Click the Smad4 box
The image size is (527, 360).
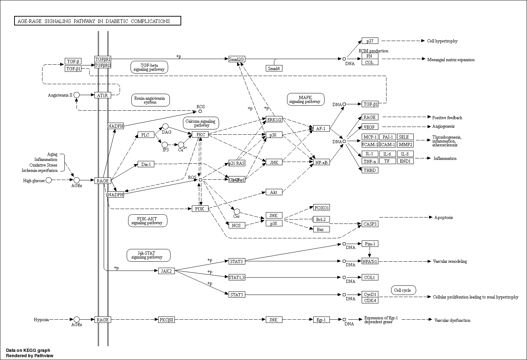coord(274,68)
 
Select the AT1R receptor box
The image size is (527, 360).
coord(103,95)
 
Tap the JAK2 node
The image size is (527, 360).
coord(166,271)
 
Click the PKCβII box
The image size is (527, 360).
coord(166,320)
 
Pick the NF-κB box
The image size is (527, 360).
coord(321,162)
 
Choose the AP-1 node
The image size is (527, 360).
coord(321,128)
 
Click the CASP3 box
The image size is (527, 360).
coord(370,224)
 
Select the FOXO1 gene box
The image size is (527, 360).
coord(321,207)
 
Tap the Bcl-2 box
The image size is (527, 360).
coord(321,219)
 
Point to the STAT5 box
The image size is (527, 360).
coord(236,295)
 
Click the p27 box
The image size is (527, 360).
coord(370,41)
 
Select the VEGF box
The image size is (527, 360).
coord(370,127)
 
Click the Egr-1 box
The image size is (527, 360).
coord(321,320)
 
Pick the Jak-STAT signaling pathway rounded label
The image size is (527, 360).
coord(149,255)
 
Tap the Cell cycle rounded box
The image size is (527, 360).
coord(403,290)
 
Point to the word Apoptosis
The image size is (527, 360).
coord(443,217)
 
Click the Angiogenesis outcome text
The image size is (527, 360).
coord(443,126)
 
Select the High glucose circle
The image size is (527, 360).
coord(49,180)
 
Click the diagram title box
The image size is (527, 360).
coord(97,21)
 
